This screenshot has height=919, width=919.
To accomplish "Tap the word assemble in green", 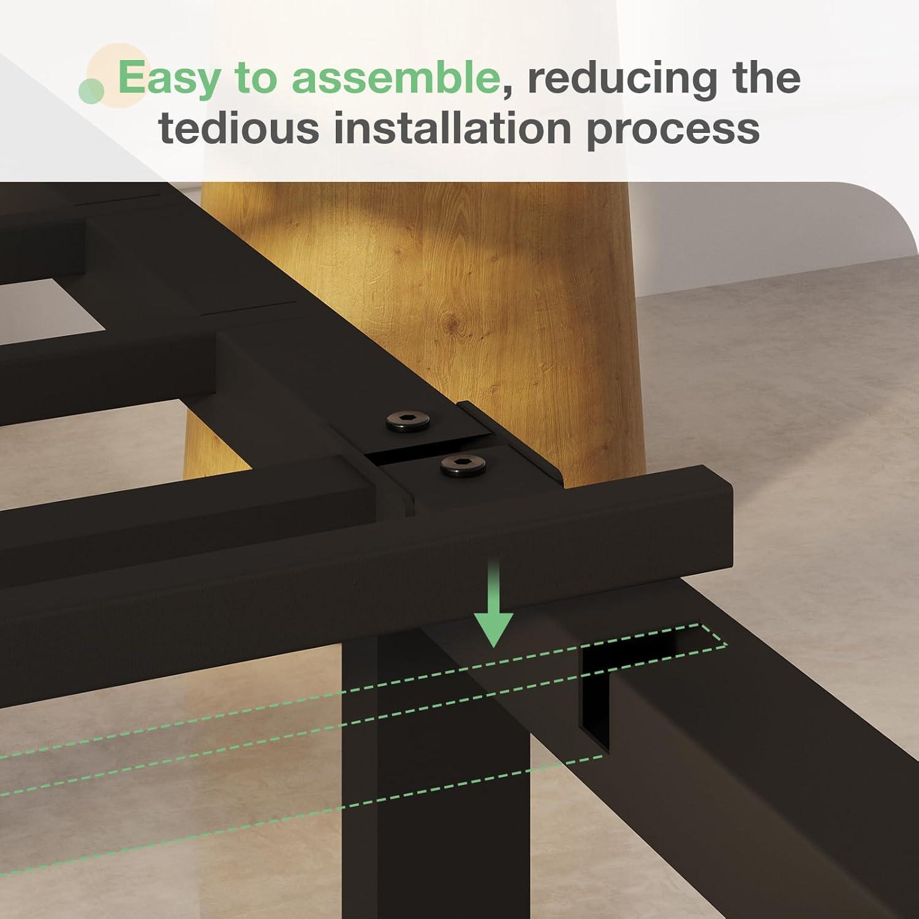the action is click(x=395, y=78).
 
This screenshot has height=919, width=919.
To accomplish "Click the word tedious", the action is click(x=239, y=128).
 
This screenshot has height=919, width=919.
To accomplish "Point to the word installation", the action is click(x=453, y=128).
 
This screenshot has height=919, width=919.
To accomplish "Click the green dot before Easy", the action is click(x=92, y=91).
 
